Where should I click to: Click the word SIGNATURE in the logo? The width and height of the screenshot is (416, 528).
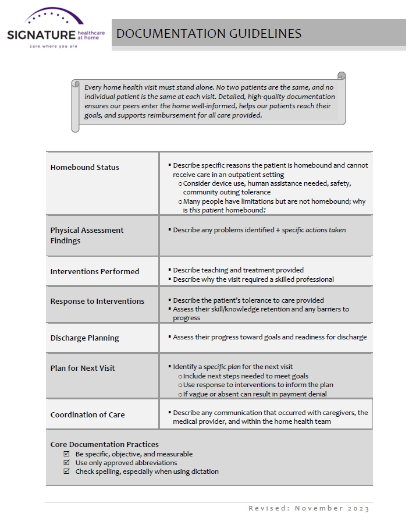41,36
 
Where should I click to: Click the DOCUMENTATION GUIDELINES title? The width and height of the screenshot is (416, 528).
209,33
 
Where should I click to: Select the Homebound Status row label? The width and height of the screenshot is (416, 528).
84,168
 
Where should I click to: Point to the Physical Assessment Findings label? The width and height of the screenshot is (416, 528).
87,235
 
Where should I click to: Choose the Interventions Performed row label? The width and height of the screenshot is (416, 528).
94,272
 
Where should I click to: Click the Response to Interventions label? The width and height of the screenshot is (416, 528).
97,302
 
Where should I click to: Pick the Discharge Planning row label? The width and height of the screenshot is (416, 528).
84,338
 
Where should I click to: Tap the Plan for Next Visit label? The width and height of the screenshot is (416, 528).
83,368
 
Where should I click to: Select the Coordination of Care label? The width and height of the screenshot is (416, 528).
87,415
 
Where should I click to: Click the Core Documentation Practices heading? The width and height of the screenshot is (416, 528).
104,445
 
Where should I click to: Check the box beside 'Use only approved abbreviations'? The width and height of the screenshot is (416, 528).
66,463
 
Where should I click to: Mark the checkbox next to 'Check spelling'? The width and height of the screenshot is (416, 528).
66,472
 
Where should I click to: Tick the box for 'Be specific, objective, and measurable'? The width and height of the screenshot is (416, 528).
66,454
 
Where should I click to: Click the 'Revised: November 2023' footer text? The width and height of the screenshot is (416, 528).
308,508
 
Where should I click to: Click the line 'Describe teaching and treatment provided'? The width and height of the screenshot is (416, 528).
238,270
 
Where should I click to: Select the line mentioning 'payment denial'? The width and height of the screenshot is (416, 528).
255,394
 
